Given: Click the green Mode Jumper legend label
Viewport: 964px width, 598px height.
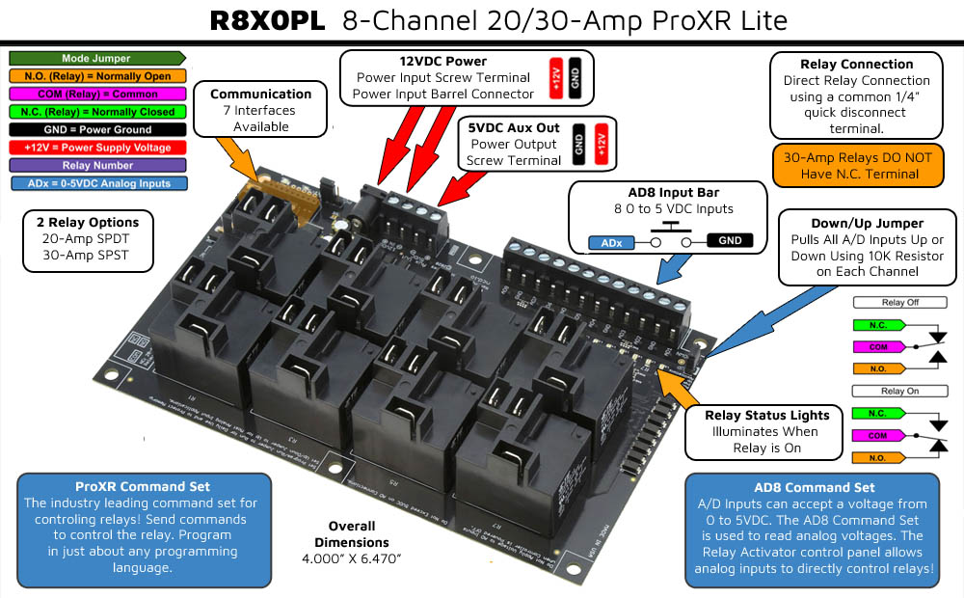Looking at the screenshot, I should pyautogui.click(x=95, y=59).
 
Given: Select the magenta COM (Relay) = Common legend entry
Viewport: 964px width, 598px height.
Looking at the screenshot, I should pyautogui.click(x=95, y=95).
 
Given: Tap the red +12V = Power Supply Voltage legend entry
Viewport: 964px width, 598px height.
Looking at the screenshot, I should pyautogui.click(x=95, y=148).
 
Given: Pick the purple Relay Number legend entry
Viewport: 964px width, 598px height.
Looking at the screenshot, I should pyautogui.click(x=95, y=165).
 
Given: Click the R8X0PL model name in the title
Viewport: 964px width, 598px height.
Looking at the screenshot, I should pyautogui.click(x=269, y=20).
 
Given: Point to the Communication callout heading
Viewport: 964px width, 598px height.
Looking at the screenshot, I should pyautogui.click(x=260, y=94).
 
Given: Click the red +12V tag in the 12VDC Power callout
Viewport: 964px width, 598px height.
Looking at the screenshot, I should pyautogui.click(x=556, y=76).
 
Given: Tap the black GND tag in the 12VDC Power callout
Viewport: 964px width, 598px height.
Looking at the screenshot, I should pyautogui.click(x=575, y=76).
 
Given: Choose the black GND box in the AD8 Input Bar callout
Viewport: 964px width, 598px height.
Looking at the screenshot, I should pyautogui.click(x=731, y=241).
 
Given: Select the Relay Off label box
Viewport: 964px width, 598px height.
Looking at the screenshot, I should pyautogui.click(x=898, y=302).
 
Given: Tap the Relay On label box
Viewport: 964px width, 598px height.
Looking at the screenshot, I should pyautogui.click(x=898, y=391).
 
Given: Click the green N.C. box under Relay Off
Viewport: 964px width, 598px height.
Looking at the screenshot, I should pyautogui.click(x=877, y=325).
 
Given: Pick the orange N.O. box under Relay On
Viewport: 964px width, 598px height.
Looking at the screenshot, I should pyautogui.click(x=877, y=457).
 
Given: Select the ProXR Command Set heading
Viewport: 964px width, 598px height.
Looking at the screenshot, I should pyautogui.click(x=143, y=486).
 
